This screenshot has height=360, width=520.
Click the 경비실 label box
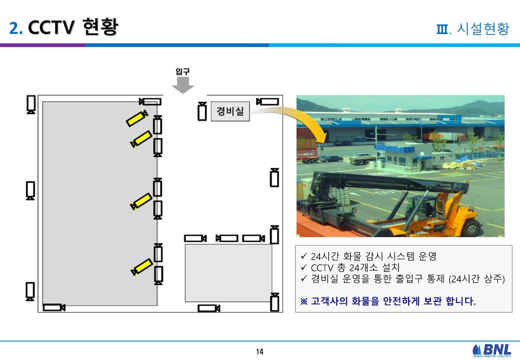click(x=230, y=111)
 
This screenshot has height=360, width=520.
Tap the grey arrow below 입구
click(x=183, y=85)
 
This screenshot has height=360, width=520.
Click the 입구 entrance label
click(x=183, y=71)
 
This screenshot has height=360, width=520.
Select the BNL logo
click(x=492, y=350)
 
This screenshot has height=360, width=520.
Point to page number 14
click(x=260, y=352)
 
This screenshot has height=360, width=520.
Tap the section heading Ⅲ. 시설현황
click(x=473, y=29)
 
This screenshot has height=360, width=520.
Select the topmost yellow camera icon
click(x=137, y=118)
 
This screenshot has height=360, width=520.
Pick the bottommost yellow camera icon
click(x=142, y=267)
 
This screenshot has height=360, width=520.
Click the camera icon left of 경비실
click(x=202, y=111)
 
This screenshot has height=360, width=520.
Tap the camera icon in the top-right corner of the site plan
click(x=267, y=102)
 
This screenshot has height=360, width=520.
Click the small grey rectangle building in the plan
click(x=228, y=273)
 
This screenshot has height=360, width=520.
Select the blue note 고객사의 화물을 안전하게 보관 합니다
click(x=388, y=301)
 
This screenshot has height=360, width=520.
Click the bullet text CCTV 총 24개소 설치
click(x=355, y=268)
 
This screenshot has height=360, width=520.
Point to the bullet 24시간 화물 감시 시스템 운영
click(x=374, y=256)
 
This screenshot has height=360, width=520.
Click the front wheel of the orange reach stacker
click(x=473, y=228)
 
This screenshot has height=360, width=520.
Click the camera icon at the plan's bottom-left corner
click(x=54, y=308)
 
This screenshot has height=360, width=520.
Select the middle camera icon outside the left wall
click(x=30, y=191)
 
